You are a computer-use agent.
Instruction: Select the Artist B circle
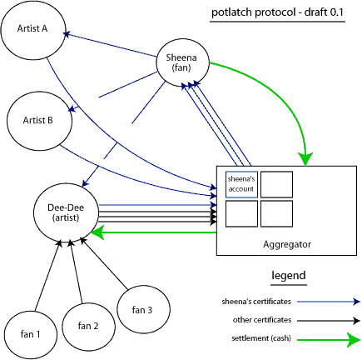pyautogui.click(x=37, y=120)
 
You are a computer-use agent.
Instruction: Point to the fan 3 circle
pyautogui.click(x=143, y=310)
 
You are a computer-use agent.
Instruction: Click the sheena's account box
pyautogui.click(x=240, y=183)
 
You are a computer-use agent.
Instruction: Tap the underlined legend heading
pyautogui.click(x=288, y=276)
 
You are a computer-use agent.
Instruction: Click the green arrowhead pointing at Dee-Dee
pyautogui.click(x=98, y=232)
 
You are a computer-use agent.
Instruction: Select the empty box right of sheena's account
pyautogui.click(x=276, y=183)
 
